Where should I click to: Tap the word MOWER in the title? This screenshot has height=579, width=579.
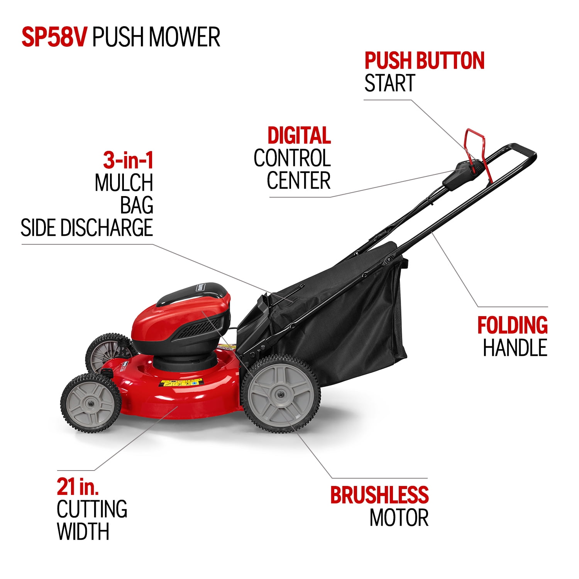pos(185,37)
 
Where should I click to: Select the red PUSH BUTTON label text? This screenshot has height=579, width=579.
pos(425,61)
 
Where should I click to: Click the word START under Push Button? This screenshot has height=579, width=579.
pos(390,83)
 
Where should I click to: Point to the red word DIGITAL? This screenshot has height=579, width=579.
pos(299,135)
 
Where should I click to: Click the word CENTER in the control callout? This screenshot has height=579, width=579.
pos(299,181)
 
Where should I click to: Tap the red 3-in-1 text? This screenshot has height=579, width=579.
pos(128,160)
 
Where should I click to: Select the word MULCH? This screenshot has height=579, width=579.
pos(124,183)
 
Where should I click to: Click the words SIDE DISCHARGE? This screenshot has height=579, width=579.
pos(87,228)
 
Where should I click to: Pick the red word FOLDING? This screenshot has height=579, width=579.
pos(513,325)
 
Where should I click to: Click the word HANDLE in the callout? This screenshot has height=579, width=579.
pos(515,347)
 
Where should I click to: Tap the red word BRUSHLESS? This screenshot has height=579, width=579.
pos(379,495)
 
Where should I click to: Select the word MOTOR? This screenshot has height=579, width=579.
pos(399,518)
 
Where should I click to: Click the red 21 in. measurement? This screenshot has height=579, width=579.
pos(78,487)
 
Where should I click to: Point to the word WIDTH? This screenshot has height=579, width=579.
pos(83,532)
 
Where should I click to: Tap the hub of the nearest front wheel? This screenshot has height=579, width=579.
pos(90,403)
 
